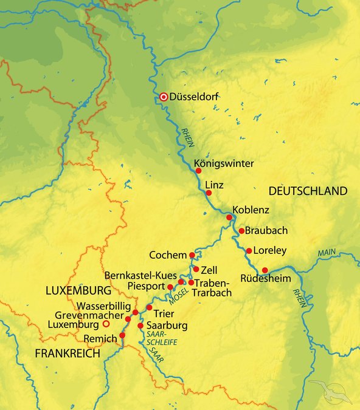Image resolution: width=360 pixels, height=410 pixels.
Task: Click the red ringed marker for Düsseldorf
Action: [164, 97]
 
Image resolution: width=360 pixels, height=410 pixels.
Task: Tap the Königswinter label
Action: [224, 163]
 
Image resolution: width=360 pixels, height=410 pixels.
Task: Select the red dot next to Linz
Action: [209, 193]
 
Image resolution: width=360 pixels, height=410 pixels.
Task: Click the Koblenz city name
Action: [251, 210]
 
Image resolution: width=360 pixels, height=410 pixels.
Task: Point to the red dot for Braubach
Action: [241, 231]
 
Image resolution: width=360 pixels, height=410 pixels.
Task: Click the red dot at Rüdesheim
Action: [265, 270]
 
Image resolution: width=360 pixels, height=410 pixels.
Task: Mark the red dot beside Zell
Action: [196, 269]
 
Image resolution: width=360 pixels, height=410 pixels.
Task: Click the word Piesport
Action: [147, 285]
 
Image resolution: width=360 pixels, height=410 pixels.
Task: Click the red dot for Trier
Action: [149, 307]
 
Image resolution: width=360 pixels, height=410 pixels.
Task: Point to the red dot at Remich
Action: [122, 335]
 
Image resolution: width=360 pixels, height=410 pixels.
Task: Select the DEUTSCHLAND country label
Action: [308, 191]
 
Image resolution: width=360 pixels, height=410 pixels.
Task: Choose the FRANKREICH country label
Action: [67, 354]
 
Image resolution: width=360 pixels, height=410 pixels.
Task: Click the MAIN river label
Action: [326, 251]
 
